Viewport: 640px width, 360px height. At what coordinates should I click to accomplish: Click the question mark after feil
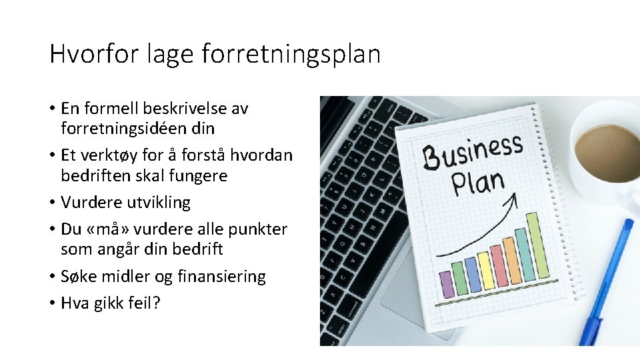coord(157,303)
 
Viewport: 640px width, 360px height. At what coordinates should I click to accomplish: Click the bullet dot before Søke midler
coord(53,277)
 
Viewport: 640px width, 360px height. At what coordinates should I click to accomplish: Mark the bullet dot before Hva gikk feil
coord(53,303)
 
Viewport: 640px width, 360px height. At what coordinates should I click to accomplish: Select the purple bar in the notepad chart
coord(446,284)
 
